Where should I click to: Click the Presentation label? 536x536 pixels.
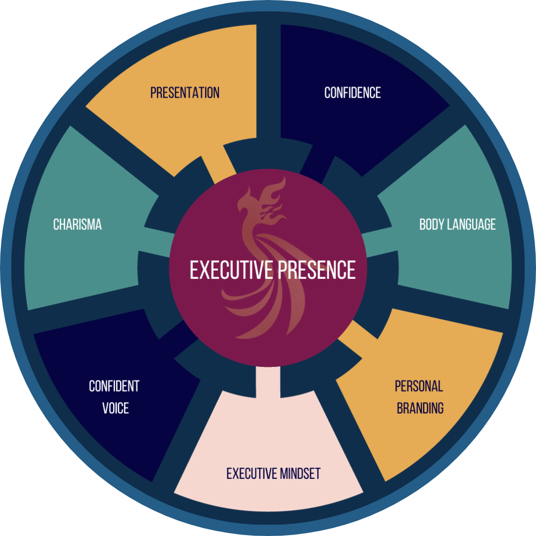click(185, 93)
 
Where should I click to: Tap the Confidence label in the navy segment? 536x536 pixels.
click(352, 93)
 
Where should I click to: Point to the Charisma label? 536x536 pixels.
click(77, 224)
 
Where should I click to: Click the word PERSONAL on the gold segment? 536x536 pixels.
click(419, 386)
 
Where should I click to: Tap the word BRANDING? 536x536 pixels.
click(420, 408)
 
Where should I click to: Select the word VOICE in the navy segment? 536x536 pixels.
click(115, 408)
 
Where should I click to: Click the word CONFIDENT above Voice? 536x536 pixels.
click(114, 386)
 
